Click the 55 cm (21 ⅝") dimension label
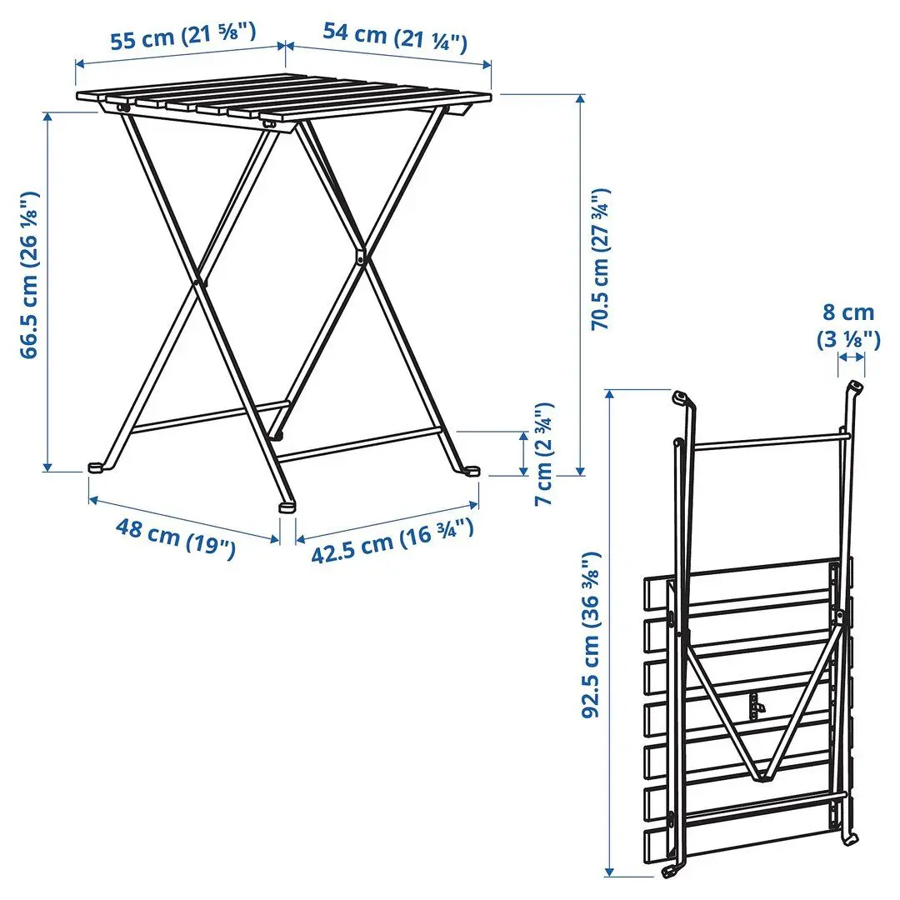pyautogui.click(x=182, y=37)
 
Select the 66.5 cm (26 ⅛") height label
pyautogui.click(x=31, y=275)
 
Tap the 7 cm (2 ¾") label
pyautogui.click(x=543, y=455)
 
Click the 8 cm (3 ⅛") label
pyautogui.click(x=847, y=324)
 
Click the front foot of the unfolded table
pyautogui.click(x=287, y=505)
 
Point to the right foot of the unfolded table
pyautogui.click(x=472, y=471)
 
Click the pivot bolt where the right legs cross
pyautogui.click(x=360, y=257)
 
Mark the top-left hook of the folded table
pyautogui.click(x=682, y=397)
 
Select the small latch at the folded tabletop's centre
pyautogui.click(x=757, y=706)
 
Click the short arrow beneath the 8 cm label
pyautogui.click(x=852, y=357)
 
